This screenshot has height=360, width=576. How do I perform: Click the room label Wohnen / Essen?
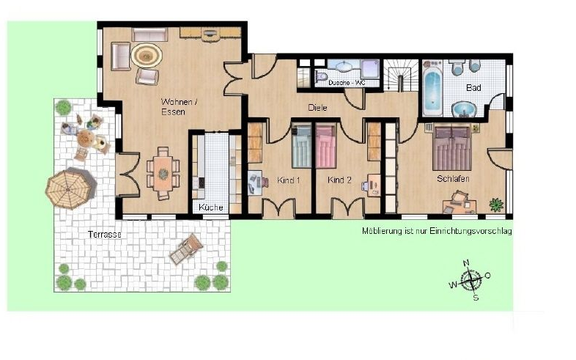pos(179,106)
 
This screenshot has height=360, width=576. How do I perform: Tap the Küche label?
pos(211,207)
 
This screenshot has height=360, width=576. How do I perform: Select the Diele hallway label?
pos(317,108)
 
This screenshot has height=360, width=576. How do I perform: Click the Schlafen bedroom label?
pos(453,179)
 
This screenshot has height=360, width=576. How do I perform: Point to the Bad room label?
pos(473,88)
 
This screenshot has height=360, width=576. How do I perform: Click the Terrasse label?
pos(105,234)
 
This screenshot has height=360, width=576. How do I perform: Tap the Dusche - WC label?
pos(347,83)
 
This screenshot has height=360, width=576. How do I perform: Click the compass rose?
pos(470,280)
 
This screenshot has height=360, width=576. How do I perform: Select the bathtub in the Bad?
pos(432,89)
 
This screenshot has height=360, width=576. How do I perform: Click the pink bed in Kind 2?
pos(327,146)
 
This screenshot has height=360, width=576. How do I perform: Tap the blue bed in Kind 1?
pos(302,146)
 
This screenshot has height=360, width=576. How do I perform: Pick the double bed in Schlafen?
pos(452,148)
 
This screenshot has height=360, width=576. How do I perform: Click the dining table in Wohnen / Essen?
pos(163,173)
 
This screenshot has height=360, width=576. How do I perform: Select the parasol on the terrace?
pos(69,189)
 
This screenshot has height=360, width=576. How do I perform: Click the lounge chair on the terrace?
pos(186,249)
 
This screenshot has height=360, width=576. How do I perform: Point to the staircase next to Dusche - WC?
pos(400,75)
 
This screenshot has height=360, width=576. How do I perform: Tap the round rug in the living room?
pos(147,56)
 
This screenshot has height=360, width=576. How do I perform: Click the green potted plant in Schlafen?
pos(497,205)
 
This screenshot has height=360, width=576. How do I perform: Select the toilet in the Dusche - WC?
pos(321,77)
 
